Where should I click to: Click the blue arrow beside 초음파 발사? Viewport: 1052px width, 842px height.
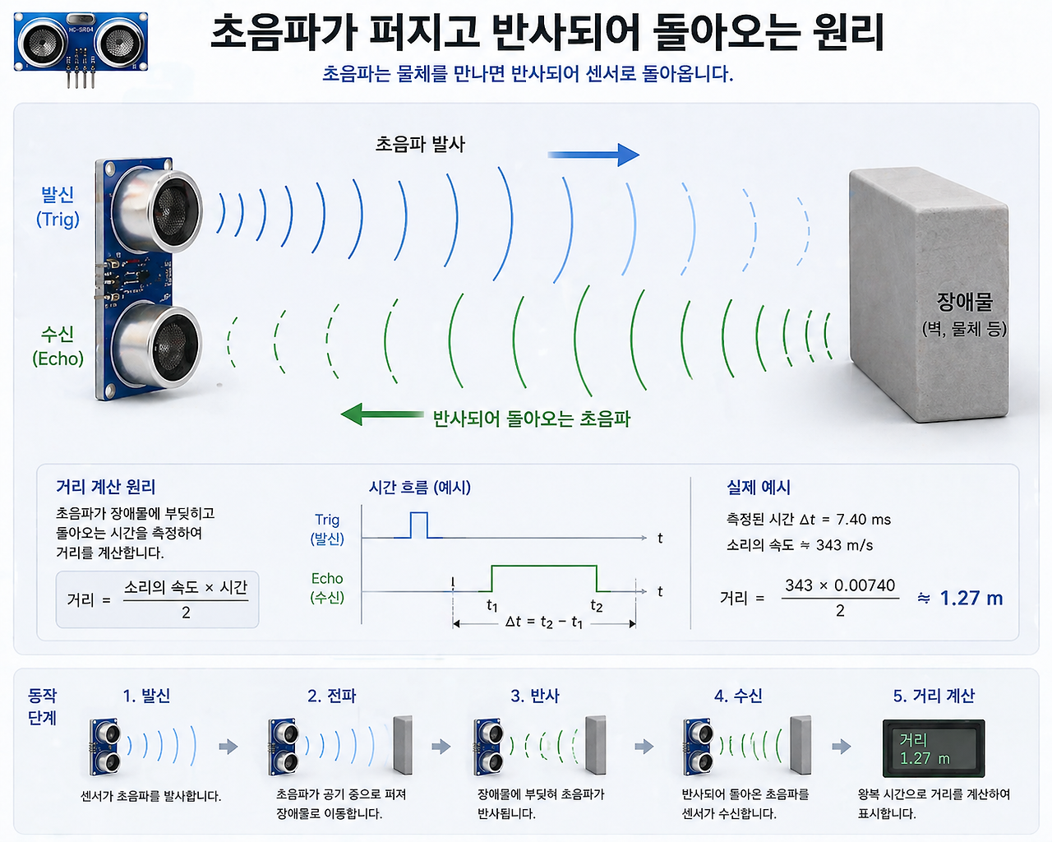tap(593, 155)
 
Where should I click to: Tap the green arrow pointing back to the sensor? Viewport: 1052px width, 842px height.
tap(382, 414)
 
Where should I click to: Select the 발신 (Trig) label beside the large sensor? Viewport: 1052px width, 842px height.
tap(58, 206)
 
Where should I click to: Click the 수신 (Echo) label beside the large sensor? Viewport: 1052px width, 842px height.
tap(58, 346)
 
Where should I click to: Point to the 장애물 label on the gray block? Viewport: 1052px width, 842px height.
tap(964, 302)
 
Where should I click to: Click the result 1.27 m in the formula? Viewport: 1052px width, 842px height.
tap(971, 598)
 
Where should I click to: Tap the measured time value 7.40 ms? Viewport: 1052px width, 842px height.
tap(863, 519)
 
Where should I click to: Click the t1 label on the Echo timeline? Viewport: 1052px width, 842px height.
tap(491, 606)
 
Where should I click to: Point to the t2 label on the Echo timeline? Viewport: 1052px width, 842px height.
tap(597, 606)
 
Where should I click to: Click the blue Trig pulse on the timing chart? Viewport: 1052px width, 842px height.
tap(419, 525)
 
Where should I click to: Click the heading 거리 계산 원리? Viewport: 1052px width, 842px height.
tap(105, 487)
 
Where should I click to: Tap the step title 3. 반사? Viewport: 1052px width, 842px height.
tap(535, 695)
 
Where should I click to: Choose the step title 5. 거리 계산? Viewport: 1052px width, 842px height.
tap(934, 695)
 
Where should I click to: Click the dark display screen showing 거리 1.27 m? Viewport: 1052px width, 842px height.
tap(934, 748)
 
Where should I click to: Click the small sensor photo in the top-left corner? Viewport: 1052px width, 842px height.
tap(81, 49)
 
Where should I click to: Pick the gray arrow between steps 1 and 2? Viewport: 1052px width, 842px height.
tap(228, 747)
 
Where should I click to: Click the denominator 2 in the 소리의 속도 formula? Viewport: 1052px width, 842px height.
tap(186, 613)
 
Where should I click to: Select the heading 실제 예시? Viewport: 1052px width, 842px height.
tap(759, 487)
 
